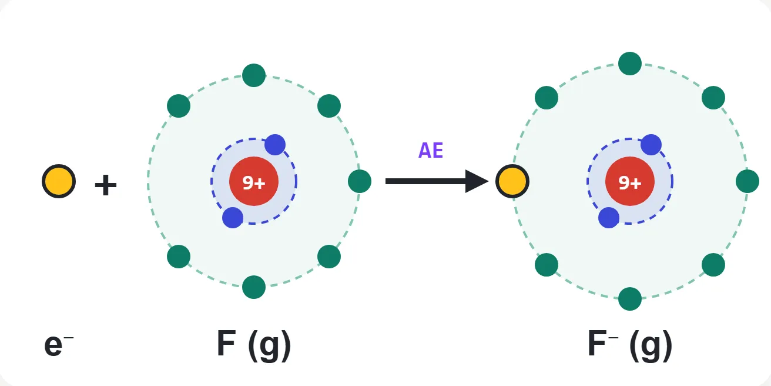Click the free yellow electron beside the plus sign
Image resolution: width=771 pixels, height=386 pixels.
click(x=59, y=181)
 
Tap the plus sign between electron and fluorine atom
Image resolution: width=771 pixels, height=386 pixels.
click(x=106, y=185)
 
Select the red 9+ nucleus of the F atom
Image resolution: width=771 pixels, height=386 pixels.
click(x=254, y=181)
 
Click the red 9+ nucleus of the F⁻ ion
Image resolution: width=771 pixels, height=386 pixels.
click(x=630, y=181)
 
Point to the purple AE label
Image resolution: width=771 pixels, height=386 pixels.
click(x=431, y=150)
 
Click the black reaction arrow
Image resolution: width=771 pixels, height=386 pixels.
click(x=437, y=181)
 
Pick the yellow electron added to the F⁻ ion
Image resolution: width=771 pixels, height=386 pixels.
click(x=512, y=181)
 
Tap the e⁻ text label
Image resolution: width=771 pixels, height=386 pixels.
click(x=59, y=345)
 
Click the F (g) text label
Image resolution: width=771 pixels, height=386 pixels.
click(x=254, y=345)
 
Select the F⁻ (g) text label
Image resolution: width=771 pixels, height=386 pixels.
click(x=630, y=345)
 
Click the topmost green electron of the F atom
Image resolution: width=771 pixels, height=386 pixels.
click(x=254, y=75)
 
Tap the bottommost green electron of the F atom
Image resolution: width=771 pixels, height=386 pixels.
click(x=254, y=287)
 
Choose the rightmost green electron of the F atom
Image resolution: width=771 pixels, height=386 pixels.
click(x=360, y=181)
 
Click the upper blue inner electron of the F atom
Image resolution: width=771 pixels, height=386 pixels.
click(x=275, y=145)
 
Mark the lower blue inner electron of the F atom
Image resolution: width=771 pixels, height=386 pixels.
click(x=233, y=218)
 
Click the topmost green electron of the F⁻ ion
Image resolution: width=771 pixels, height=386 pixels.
click(x=630, y=64)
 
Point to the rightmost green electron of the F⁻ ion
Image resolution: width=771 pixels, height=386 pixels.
click(x=747, y=181)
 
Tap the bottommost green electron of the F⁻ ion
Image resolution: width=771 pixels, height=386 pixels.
click(x=630, y=299)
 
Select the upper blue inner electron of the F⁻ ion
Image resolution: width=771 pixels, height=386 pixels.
click(x=651, y=145)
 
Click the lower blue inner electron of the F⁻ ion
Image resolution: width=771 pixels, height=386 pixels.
click(x=609, y=218)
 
